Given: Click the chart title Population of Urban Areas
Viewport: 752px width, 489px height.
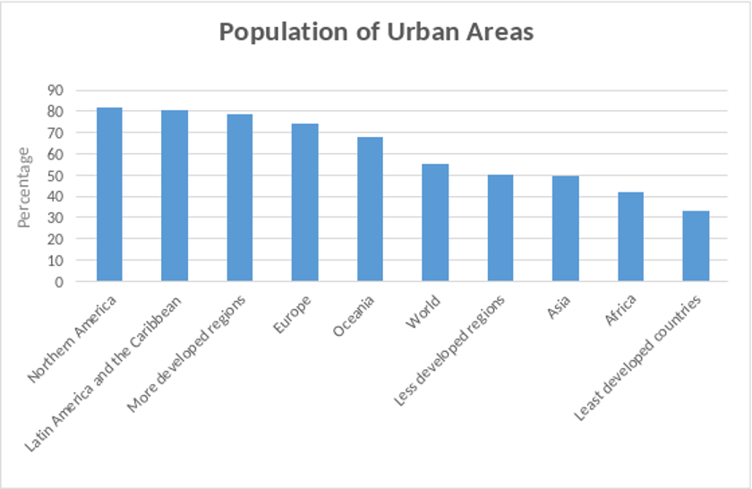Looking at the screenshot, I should click(x=376, y=32).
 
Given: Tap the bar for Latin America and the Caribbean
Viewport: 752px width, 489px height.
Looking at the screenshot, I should click(x=175, y=195).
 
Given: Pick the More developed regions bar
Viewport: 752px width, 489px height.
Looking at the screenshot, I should click(x=240, y=197).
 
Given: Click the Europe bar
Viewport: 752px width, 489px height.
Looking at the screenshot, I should click(x=305, y=202).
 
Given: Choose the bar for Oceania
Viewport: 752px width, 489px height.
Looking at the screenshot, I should click(x=370, y=209).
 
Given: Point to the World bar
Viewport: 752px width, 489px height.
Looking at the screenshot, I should click(x=435, y=222).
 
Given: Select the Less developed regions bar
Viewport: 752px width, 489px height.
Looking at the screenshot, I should click(x=500, y=227).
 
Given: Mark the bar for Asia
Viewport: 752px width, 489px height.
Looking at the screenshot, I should click(x=566, y=228).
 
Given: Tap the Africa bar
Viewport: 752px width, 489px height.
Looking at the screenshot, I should click(x=630, y=236).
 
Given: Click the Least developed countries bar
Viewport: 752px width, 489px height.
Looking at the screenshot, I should click(x=696, y=246).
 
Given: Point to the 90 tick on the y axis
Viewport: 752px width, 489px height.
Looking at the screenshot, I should click(x=56, y=90).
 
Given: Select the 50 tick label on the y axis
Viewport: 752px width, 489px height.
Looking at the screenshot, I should click(x=56, y=176).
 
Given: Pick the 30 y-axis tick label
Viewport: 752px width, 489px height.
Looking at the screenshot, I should click(x=56, y=219).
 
